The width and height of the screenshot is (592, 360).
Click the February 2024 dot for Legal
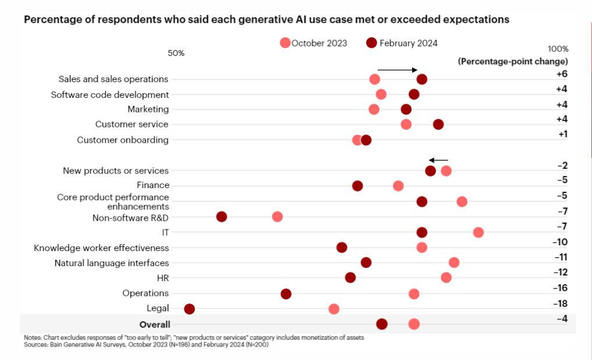click(189, 309)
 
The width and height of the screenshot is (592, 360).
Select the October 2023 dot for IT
click(478, 232)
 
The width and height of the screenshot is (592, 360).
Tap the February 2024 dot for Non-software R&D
click(221, 217)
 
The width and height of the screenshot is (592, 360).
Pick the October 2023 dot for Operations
click(414, 294)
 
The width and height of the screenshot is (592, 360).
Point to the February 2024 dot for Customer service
click(438, 124)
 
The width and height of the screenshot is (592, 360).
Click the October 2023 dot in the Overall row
click(414, 324)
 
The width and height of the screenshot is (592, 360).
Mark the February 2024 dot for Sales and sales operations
click(422, 79)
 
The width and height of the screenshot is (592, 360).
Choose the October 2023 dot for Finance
click(398, 186)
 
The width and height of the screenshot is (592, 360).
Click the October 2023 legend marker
click(285, 43)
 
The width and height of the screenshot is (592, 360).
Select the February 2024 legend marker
click(372, 43)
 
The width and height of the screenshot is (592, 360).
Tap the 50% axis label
click(176, 53)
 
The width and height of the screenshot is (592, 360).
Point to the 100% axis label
click(558, 49)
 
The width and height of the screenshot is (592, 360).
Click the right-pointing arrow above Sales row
click(398, 70)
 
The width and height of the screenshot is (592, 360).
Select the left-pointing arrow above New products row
click(438, 160)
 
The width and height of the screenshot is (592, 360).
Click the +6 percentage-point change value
click(562, 74)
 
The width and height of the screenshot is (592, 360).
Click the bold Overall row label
click(155, 324)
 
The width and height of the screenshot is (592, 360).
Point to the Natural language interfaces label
click(112, 263)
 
